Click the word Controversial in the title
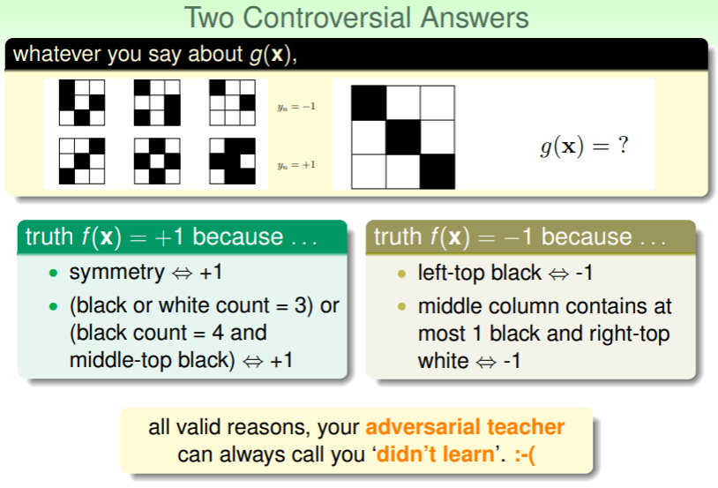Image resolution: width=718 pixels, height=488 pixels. click(x=327, y=18)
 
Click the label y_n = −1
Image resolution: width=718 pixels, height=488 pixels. click(x=296, y=107)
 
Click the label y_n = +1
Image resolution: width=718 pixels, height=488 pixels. click(x=296, y=165)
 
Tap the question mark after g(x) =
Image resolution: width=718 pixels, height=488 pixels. click(x=623, y=145)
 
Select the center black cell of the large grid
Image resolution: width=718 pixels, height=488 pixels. click(x=403, y=137)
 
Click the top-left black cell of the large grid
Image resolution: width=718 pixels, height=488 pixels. click(x=369, y=102)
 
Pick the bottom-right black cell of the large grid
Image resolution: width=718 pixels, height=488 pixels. click(x=438, y=171)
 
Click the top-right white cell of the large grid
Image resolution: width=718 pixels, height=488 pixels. click(x=438, y=102)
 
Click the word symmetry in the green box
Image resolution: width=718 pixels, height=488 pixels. click(x=116, y=273)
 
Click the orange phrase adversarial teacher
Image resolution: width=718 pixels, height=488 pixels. click(x=465, y=427)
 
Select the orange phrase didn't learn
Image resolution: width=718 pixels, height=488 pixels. click(x=435, y=454)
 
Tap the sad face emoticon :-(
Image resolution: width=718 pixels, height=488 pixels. click(x=524, y=455)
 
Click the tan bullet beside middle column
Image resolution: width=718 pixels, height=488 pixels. click(x=401, y=306)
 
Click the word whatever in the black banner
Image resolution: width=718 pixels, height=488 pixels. click(x=56, y=54)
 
